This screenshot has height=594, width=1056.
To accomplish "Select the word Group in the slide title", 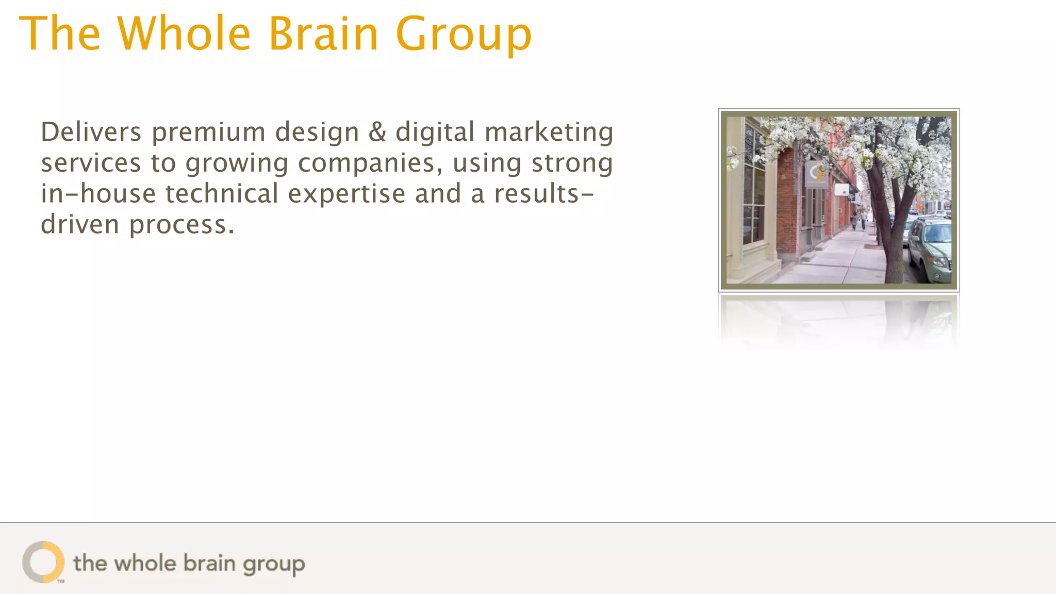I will [464, 35].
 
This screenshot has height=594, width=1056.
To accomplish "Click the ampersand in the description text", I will [377, 132].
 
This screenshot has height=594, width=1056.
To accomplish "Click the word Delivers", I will [91, 132].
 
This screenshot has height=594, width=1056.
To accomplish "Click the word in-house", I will [98, 194].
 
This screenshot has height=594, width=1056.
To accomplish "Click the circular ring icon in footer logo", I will [43, 562].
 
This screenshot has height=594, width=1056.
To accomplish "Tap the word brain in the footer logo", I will [209, 563].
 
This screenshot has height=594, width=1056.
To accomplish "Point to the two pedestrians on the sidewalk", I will [859, 219].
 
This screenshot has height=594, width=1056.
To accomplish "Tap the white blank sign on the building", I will [841, 189].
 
